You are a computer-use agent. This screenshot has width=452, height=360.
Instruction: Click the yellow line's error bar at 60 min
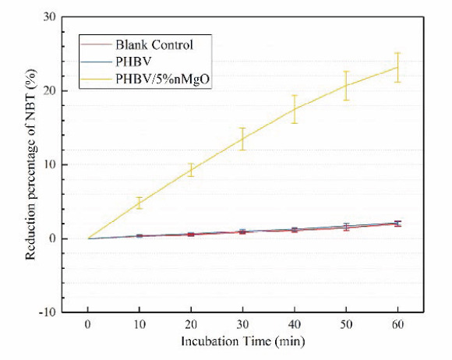(x=397, y=67)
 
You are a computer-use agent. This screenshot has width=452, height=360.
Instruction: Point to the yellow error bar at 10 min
(x=139, y=203)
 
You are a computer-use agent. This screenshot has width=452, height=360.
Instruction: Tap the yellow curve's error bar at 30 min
(x=242, y=139)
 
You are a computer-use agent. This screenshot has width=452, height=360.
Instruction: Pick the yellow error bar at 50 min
(x=345, y=85)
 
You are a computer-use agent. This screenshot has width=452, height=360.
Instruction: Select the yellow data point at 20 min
(x=191, y=170)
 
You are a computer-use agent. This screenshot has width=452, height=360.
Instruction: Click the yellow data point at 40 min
(x=294, y=109)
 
